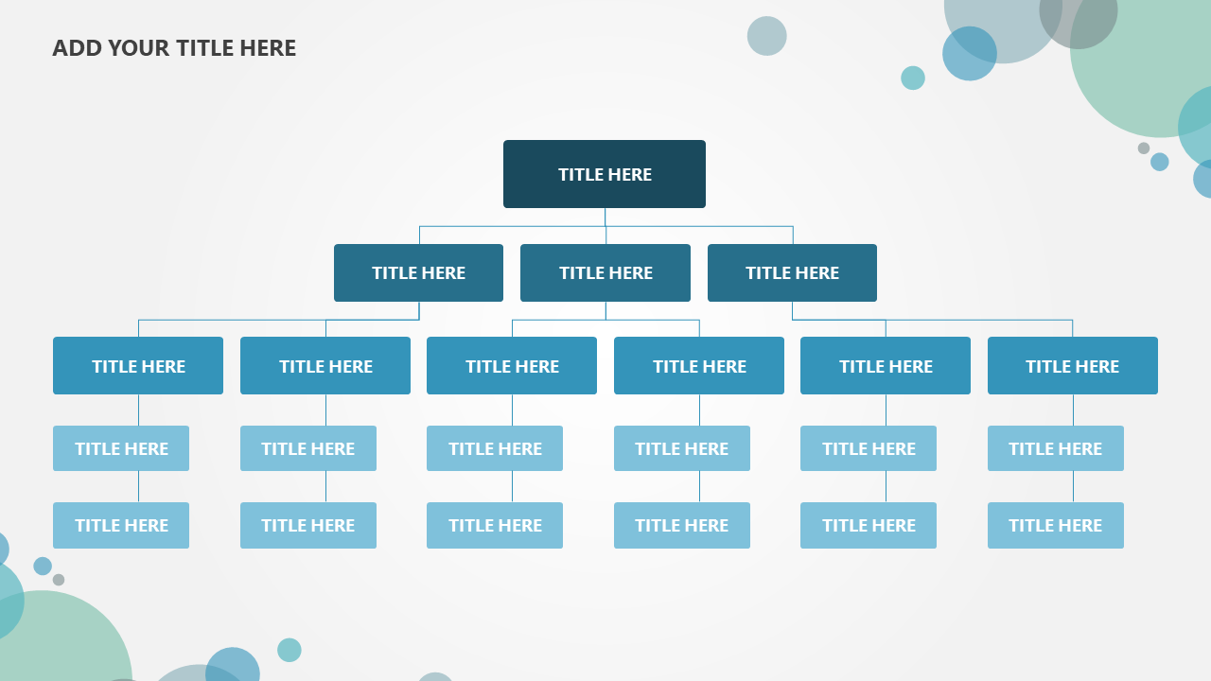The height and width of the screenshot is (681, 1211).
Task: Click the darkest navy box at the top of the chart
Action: point(605,174)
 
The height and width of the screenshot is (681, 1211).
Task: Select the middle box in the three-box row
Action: point(605,273)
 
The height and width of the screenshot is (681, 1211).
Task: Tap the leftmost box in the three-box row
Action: point(418,273)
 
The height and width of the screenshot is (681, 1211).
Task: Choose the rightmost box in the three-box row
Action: point(792,273)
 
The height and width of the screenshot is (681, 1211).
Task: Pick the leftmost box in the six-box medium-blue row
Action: point(138,366)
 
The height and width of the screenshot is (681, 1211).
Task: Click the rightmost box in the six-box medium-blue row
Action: point(1073,366)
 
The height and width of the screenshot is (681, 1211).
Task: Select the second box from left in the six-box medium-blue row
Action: point(325,366)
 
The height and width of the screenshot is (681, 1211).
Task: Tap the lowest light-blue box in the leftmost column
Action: point(121,525)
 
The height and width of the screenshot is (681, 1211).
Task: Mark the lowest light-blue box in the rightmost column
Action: point(1056,525)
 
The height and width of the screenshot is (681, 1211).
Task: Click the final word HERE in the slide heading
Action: point(268,48)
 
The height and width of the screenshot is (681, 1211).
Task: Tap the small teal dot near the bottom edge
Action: point(290,650)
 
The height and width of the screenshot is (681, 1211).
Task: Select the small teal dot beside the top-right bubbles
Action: point(913,78)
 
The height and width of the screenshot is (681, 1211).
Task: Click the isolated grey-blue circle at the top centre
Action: point(766,36)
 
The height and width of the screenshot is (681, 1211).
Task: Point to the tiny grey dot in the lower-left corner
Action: point(59,580)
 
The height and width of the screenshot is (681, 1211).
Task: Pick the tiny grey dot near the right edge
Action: point(1144,148)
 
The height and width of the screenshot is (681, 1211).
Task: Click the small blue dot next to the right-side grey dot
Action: point(1160,162)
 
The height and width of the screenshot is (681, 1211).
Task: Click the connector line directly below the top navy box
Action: point(605,218)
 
